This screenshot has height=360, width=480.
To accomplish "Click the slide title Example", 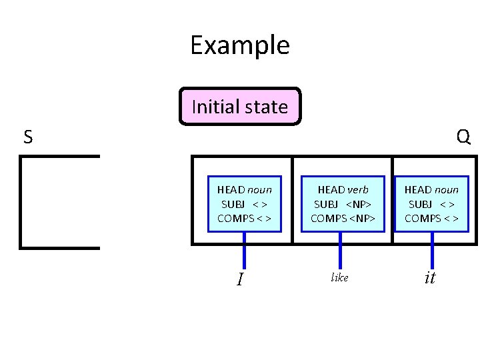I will [239, 45].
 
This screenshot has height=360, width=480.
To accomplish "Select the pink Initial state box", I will [240, 107].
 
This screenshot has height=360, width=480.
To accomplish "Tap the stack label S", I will [27, 137].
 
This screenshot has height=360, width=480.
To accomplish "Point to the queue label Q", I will [463, 137].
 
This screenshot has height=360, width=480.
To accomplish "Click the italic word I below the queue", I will [240, 279].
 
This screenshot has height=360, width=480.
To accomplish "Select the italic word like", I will [339, 277].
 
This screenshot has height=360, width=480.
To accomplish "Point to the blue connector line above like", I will [340, 250].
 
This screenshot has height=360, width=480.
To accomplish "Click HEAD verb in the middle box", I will [343, 189].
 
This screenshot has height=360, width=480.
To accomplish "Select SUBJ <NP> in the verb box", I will [343, 204].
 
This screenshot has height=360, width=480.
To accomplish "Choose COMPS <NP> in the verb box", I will [343, 218].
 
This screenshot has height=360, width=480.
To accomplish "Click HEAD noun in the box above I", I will [245, 189].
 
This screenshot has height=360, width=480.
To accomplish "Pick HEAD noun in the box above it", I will [431, 189].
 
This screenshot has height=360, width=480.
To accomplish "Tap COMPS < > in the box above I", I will [245, 218].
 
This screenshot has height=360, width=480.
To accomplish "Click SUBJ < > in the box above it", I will [431, 204].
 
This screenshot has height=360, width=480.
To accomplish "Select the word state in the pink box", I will [265, 107].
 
